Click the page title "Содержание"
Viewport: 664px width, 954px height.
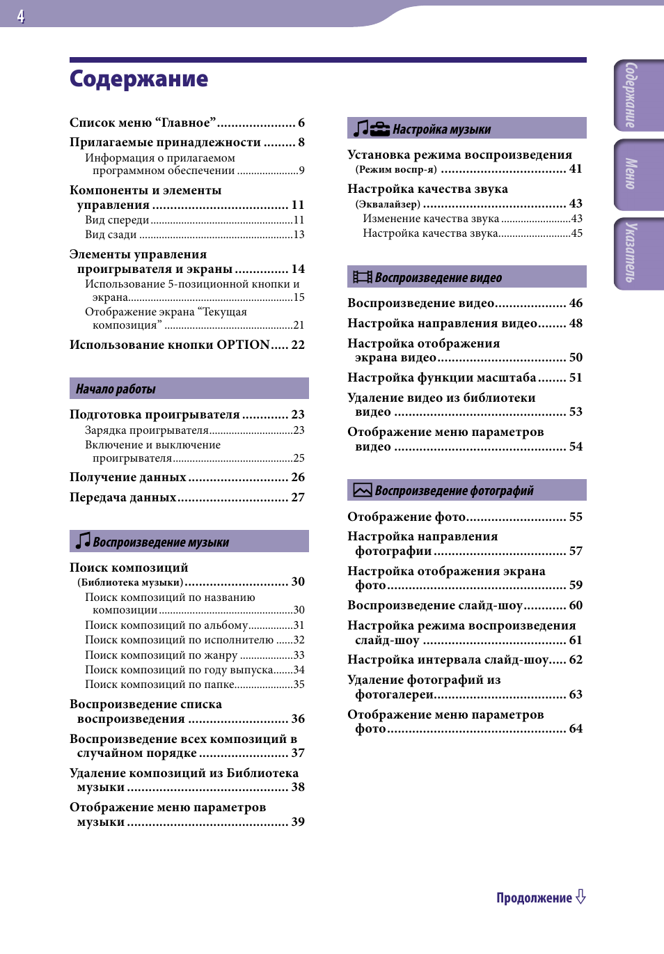click(139, 79)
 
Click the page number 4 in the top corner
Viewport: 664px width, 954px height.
click(21, 16)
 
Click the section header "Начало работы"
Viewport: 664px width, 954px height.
click(116, 389)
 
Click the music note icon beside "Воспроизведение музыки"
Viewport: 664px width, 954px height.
click(83, 541)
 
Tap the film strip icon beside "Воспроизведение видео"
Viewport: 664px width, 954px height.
click(362, 277)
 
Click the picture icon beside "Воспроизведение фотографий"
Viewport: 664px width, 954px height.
click(362, 490)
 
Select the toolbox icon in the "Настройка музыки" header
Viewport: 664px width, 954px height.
click(380, 129)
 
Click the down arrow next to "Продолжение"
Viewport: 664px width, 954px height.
click(580, 897)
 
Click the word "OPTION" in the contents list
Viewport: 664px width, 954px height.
click(243, 345)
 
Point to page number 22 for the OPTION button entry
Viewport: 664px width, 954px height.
click(298, 345)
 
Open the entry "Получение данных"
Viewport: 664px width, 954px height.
click(128, 477)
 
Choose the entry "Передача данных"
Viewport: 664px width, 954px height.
click(123, 497)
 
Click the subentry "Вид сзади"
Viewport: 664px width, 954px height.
click(111, 235)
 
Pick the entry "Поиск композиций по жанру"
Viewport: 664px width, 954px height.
click(161, 655)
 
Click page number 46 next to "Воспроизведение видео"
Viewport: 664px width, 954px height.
click(576, 303)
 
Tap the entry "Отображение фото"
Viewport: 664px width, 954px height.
click(406, 517)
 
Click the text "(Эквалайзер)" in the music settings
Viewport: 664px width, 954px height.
click(388, 204)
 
